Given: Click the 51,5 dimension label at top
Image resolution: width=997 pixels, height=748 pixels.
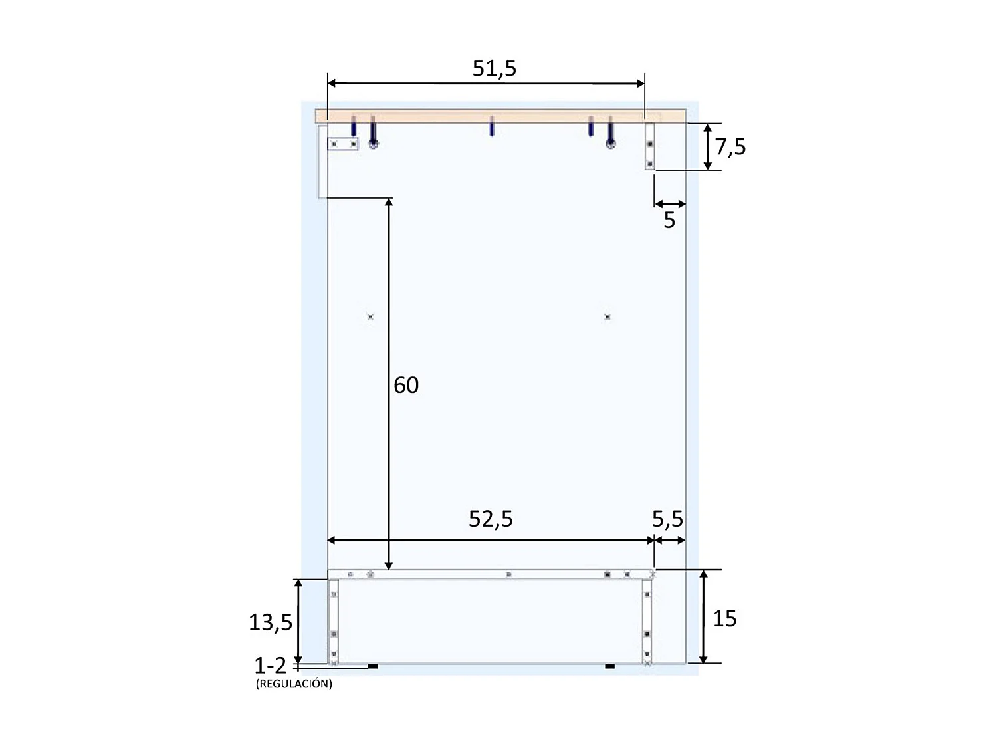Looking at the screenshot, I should pyautogui.click(x=494, y=68).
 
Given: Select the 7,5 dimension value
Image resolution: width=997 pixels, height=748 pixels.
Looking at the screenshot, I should pyautogui.click(x=730, y=147).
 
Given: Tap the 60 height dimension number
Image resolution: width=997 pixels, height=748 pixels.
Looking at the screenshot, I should pyautogui.click(x=406, y=385).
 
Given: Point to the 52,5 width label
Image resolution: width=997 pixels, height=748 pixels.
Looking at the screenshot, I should pyautogui.click(x=491, y=519).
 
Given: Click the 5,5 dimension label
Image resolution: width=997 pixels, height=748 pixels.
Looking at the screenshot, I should pyautogui.click(x=667, y=519).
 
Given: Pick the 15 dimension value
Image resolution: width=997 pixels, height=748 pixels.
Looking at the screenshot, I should pyautogui.click(x=724, y=618).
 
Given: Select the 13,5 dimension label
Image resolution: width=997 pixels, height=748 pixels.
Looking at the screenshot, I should pyautogui.click(x=271, y=622).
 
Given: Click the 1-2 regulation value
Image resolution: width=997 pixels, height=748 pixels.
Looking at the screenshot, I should pyautogui.click(x=270, y=666).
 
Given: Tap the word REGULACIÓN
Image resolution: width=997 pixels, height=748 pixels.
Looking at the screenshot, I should pyautogui.click(x=294, y=684).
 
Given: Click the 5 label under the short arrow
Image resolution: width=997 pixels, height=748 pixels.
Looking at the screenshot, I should pyautogui.click(x=669, y=220).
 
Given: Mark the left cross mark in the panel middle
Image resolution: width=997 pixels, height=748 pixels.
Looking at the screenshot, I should pyautogui.click(x=370, y=317).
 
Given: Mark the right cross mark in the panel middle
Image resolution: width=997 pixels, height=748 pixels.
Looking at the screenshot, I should pyautogui.click(x=607, y=317).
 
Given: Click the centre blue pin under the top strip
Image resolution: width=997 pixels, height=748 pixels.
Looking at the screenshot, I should pyautogui.click(x=491, y=126).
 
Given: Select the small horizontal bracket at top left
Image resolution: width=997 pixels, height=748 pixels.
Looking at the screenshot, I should pyautogui.click(x=343, y=144).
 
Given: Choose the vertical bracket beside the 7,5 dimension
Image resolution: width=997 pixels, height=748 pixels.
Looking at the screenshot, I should pyautogui.click(x=650, y=146).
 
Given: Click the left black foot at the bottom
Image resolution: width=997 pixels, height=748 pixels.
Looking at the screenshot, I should pyautogui.click(x=373, y=666).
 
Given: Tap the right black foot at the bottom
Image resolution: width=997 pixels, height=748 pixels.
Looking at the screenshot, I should pyautogui.click(x=609, y=666).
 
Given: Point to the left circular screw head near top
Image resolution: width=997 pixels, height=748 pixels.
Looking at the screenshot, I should pyautogui.click(x=374, y=144).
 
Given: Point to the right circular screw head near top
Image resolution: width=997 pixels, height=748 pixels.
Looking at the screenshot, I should pyautogui.click(x=610, y=144).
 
